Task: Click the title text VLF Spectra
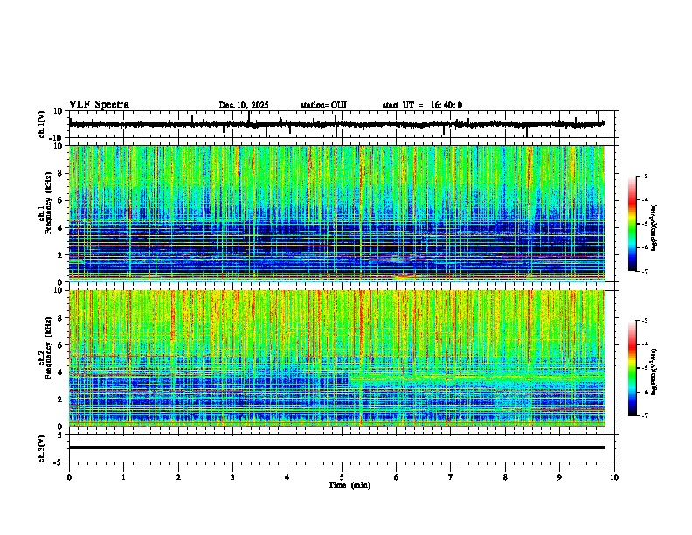[x=99, y=105]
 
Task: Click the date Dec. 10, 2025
[x=244, y=105]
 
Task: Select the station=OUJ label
[x=323, y=105]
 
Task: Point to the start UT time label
[x=422, y=105]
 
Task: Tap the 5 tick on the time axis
[x=342, y=476]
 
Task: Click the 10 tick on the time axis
[x=614, y=476]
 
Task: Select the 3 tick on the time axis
[x=232, y=476]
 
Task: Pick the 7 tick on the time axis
[x=451, y=476]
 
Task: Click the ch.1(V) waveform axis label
[x=42, y=124]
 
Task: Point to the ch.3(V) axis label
[x=42, y=447]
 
